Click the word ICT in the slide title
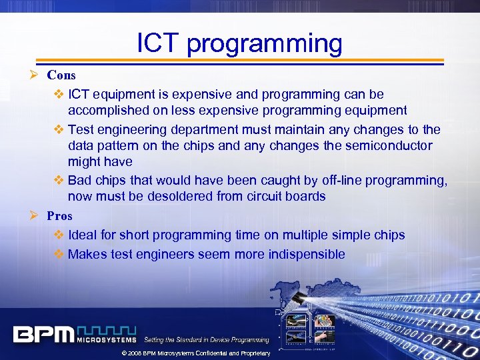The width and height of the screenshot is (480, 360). [x=158, y=43]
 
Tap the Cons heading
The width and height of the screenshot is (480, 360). [x=61, y=75]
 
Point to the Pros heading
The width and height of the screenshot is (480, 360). [x=59, y=215]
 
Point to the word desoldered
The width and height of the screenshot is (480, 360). [x=181, y=196]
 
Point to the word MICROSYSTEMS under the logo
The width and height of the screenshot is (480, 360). [x=107, y=339]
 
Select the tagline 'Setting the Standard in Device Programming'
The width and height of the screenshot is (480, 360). [x=207, y=340]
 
